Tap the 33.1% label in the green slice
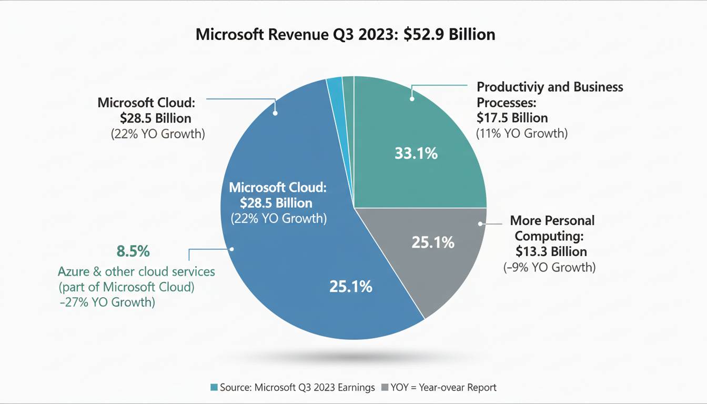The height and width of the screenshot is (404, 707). [x=416, y=154]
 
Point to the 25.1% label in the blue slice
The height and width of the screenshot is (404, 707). [x=351, y=287]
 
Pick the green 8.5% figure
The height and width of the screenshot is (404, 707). [x=133, y=251]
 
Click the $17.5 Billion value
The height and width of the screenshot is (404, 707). [x=512, y=117]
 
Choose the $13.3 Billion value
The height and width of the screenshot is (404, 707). [x=551, y=251]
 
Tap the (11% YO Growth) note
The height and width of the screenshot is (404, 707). [x=521, y=133]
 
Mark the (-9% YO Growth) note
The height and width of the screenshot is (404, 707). [x=550, y=267]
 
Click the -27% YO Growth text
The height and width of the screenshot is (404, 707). [x=106, y=302]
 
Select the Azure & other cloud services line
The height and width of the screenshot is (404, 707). [x=136, y=271]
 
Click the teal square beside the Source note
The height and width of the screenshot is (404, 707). [x=214, y=388]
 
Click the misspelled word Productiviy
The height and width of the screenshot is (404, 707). [x=510, y=87]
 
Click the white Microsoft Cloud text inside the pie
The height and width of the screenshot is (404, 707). [x=278, y=187]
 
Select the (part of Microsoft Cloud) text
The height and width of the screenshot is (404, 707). [x=126, y=287]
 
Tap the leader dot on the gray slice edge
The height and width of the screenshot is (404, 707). [x=480, y=224]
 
